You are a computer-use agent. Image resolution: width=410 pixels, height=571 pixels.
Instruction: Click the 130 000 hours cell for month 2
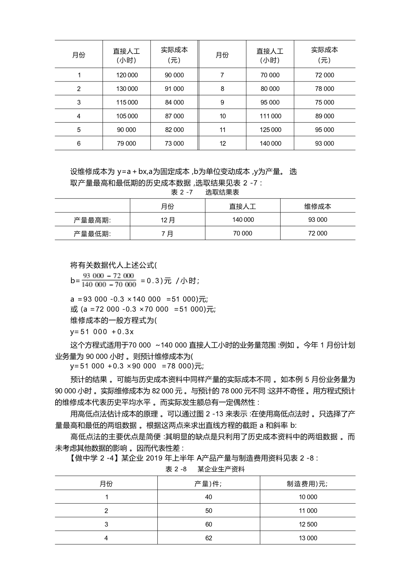tap(127, 89)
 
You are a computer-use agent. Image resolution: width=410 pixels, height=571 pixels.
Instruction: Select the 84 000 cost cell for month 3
tap(174, 103)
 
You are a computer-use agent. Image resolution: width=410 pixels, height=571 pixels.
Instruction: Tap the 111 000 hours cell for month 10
tap(270, 116)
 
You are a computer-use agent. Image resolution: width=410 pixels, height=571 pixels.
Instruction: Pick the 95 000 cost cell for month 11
tap(324, 130)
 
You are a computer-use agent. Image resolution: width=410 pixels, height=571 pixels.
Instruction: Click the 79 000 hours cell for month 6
tap(126, 144)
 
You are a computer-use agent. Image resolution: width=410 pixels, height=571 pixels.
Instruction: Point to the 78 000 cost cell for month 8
tap(324, 89)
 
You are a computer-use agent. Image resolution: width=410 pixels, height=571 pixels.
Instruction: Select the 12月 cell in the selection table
tap(168, 220)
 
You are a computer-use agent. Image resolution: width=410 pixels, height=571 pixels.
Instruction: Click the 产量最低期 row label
tap(92, 234)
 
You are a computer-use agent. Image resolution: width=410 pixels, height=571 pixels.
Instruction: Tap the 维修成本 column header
tap(318, 207)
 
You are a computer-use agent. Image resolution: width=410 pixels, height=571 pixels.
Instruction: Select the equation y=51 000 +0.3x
tap(102, 332)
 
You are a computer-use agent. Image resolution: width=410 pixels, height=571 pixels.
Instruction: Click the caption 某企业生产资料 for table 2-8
tap(221, 469)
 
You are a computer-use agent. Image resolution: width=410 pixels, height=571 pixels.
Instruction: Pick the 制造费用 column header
tap(307, 484)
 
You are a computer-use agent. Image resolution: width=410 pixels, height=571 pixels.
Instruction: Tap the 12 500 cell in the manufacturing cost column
tap(308, 524)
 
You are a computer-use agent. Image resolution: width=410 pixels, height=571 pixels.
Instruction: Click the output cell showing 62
tap(209, 538)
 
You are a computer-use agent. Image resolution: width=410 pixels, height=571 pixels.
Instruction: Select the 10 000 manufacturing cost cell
tap(308, 497)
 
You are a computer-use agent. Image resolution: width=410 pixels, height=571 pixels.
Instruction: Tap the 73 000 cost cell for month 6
tap(174, 144)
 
